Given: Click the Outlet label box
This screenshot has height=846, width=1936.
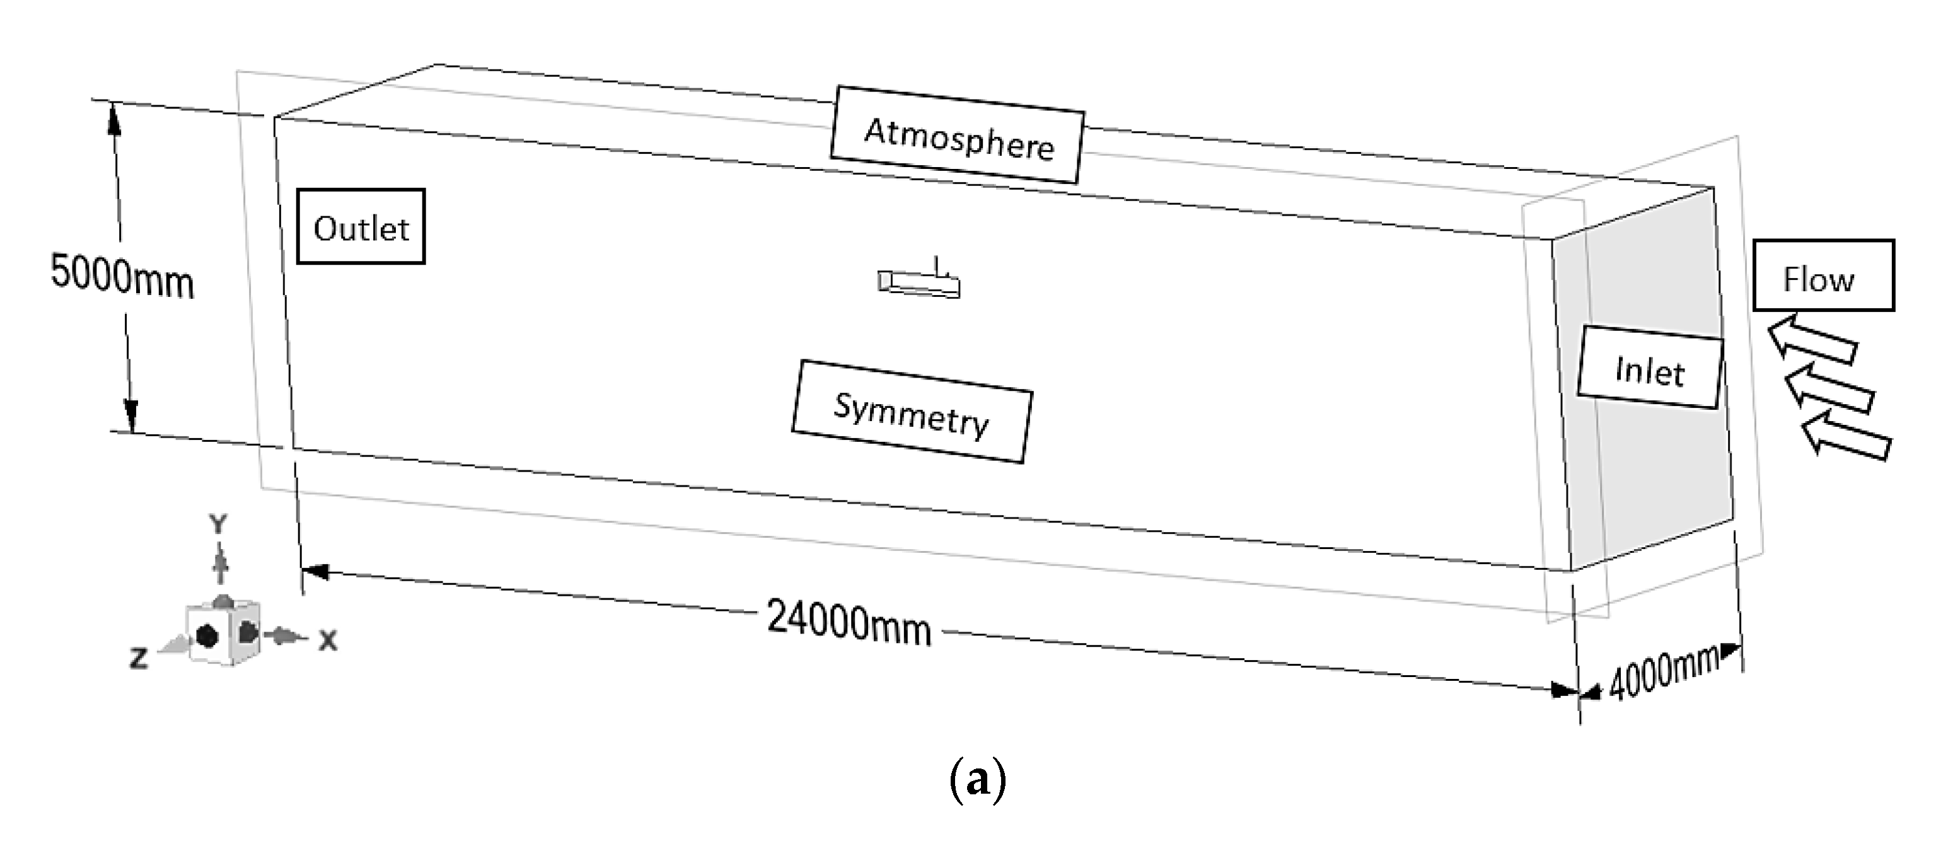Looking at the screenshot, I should coord(361,227).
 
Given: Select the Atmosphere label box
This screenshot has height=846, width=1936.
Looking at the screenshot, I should coord(957,136).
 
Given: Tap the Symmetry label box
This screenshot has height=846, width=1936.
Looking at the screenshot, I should coord(912,412).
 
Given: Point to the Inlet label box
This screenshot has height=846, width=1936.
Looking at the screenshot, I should coord(1650,368).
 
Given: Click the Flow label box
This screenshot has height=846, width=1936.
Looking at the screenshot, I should coord(1823,275).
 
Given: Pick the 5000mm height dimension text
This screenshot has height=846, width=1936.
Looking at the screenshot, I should coord(122,277).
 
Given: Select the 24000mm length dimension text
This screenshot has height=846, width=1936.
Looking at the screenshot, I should coord(849,622).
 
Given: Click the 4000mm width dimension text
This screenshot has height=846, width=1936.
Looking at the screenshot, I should coord(1662,673).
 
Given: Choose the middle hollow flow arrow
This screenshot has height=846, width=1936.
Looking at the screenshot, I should coord(1828,388).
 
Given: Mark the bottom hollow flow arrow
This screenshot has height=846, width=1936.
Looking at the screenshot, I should coord(1846,436).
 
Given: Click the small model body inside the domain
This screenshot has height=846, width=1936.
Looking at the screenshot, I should coord(919,283).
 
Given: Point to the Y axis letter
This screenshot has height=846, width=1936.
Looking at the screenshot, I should coord(218,524).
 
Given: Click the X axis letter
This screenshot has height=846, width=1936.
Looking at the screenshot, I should coord(328,641).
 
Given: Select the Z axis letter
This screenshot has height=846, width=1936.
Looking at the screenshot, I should coord(138,659).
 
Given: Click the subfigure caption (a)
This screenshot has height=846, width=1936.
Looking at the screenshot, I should coord(977,780).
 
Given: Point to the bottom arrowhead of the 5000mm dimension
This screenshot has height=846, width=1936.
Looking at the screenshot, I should coord(130,416).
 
